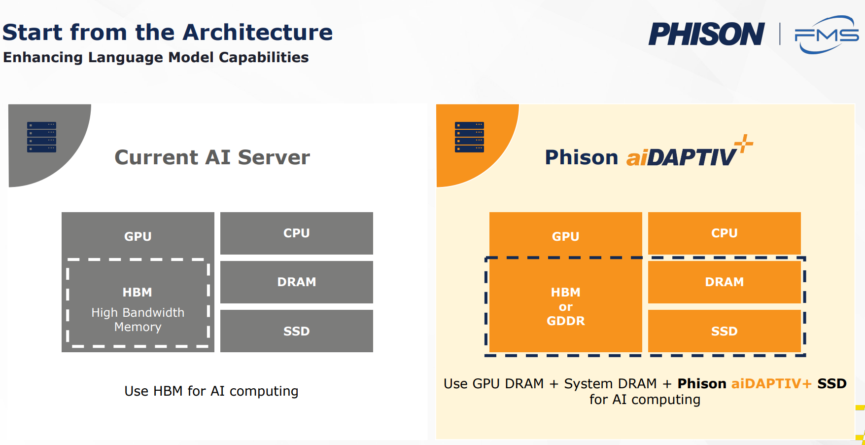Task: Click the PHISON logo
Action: click(706, 34)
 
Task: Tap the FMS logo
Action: click(827, 35)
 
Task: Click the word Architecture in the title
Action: click(258, 33)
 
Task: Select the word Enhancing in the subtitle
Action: click(43, 58)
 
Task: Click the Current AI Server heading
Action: click(212, 157)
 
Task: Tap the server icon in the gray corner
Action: click(41, 137)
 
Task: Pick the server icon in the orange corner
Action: click(469, 137)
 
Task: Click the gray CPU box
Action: click(297, 233)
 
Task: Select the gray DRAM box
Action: click(297, 282)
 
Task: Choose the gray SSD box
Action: click(297, 331)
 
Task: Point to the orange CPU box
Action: click(725, 233)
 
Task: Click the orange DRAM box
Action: click(725, 282)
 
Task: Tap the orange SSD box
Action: click(725, 331)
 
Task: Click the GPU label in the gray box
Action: click(138, 236)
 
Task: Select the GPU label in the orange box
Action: click(566, 236)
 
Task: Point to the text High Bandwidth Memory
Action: click(138, 320)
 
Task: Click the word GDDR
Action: click(566, 321)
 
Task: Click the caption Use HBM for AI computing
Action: click(211, 391)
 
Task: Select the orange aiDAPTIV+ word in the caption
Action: click(771, 384)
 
